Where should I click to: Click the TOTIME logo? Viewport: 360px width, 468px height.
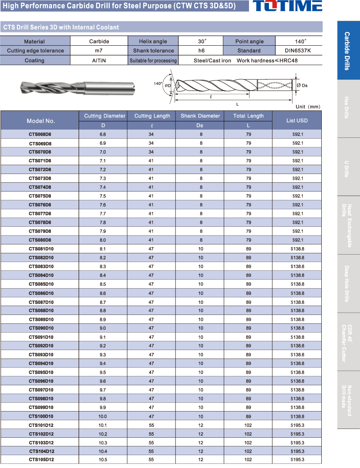[x=287, y=6]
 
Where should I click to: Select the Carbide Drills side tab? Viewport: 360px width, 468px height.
[x=348, y=50]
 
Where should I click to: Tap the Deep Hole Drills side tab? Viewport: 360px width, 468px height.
[x=348, y=283]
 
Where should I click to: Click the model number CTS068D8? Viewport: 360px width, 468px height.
[x=40, y=135]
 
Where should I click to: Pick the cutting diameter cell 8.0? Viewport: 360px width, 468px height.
[x=103, y=240]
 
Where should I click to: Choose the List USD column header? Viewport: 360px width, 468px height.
[x=297, y=120]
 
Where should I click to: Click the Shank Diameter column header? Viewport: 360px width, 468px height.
[x=200, y=116]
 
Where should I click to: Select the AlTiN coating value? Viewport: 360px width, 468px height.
[x=99, y=60]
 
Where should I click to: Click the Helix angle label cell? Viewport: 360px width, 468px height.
[x=153, y=42]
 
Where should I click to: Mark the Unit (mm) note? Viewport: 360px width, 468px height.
[x=308, y=107]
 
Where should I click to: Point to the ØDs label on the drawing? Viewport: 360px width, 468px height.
[x=302, y=85]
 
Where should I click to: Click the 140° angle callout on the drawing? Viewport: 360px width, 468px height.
[x=158, y=83]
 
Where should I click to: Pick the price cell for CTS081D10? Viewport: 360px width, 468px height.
[x=297, y=249]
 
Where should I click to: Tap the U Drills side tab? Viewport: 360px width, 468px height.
[x=348, y=167]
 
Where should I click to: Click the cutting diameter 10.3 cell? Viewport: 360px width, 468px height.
[x=103, y=443]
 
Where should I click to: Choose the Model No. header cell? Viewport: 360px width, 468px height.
[x=41, y=121]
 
